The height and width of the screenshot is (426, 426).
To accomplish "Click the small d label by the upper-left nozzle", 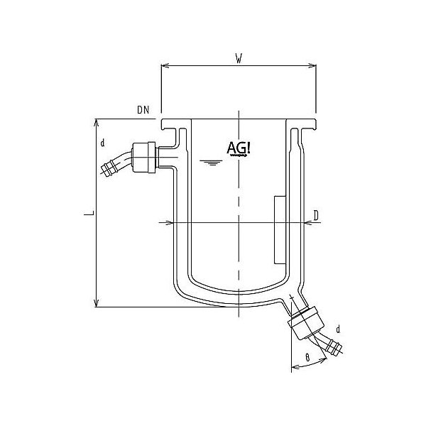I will tap(102, 144).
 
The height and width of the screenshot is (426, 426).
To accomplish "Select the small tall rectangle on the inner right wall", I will tap(279, 228).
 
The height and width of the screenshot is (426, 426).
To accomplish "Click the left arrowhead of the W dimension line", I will tap(165, 67).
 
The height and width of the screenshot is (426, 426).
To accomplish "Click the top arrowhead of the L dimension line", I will tap(97, 121).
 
